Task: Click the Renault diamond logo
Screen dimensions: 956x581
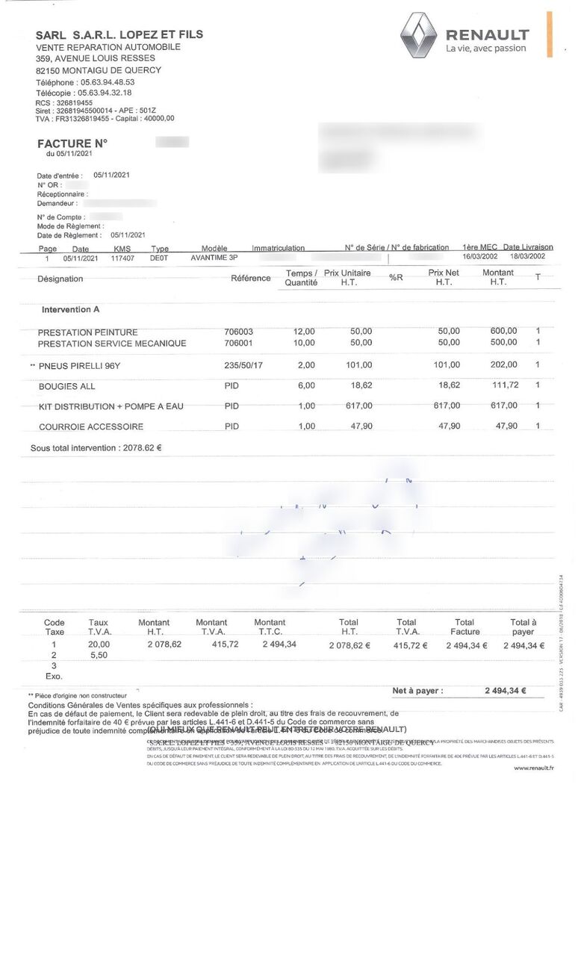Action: pos(419,36)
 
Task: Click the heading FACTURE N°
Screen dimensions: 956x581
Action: pos(72,143)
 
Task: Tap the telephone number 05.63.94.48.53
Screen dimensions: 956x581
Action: pos(108,82)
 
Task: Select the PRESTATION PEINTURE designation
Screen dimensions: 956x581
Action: pos(88,332)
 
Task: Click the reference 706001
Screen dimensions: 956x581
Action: pos(239,343)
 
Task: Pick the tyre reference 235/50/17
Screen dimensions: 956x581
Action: pos(243,365)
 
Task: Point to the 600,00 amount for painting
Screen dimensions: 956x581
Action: pos(503,331)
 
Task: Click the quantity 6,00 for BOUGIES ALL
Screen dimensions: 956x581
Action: pos(305,386)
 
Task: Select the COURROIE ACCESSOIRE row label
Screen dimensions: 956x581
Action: pos(91,426)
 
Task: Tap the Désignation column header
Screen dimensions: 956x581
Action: pos(60,279)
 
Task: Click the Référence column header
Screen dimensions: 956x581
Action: pos(251,278)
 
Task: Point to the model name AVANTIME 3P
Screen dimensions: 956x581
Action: pos(214,258)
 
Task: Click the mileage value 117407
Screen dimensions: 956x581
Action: pos(122,258)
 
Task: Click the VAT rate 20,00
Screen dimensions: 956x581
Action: pos(99,644)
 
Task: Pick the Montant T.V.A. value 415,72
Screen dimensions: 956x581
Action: pos(225,644)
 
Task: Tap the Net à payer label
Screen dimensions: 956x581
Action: pos(417,691)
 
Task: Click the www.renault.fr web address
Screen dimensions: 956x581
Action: pos(533,768)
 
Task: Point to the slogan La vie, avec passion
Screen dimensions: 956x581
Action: pos(485,49)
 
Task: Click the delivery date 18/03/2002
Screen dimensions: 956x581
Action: pos(527,256)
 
